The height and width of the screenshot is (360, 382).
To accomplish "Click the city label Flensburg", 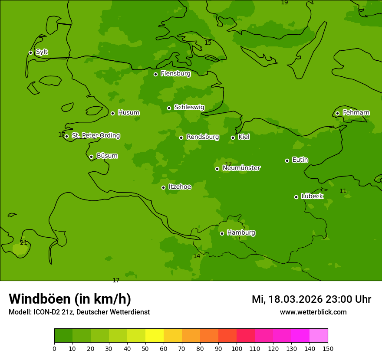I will (175, 74).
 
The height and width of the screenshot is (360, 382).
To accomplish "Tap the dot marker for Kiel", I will (233, 137).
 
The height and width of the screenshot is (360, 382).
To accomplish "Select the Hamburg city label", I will (241, 233).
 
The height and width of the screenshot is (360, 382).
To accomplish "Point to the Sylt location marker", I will (30, 52).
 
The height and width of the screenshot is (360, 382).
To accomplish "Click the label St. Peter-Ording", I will (95, 136).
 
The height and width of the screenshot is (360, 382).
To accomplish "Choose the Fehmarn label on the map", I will (356, 113).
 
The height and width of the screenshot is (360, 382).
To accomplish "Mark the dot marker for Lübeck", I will (296, 197).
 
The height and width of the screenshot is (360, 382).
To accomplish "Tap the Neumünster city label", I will (241, 168).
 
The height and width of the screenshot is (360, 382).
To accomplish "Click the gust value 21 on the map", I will (24, 243).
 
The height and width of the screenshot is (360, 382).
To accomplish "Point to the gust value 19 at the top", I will (284, 3).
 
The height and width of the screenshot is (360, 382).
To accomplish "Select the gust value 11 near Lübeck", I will (343, 191).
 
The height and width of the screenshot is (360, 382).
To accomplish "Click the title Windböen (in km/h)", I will (70, 299).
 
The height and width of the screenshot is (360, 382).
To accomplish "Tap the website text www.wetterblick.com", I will (313, 312).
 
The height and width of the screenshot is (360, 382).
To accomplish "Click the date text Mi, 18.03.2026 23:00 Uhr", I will (311, 299).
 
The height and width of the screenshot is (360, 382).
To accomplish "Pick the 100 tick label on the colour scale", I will (237, 349).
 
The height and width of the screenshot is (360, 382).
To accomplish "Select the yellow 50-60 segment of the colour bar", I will (155, 336).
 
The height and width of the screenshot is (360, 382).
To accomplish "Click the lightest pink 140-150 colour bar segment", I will (319, 336).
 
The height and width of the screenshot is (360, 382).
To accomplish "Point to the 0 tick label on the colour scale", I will (54, 349).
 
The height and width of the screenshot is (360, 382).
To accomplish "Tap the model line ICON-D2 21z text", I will (79, 312).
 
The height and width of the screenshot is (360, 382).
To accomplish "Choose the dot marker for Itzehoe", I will (163, 187).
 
